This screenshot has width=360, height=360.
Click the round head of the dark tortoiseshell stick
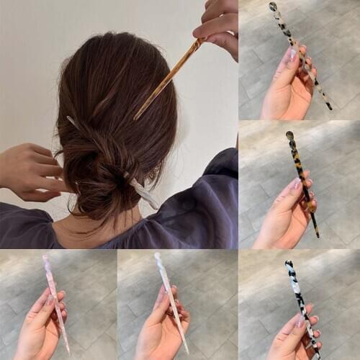(x=289, y=135)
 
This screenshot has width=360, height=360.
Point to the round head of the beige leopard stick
(x=274, y=7)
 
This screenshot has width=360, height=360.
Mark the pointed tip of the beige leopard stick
(x=330, y=107)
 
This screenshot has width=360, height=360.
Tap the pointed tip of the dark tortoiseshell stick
(x=317, y=235)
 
